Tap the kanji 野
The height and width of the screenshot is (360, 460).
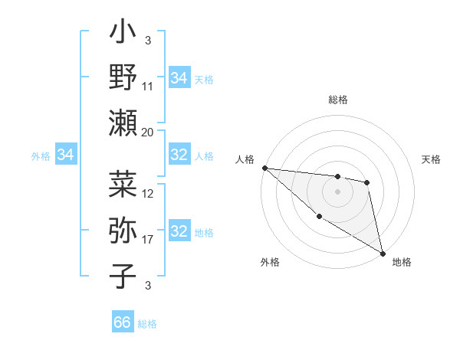123,78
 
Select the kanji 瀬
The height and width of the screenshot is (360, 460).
123,122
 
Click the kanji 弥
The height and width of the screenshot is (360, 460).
123,231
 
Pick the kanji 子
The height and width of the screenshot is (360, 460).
123,276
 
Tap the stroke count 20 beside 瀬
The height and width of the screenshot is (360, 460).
148,132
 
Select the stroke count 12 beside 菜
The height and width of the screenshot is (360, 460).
148,194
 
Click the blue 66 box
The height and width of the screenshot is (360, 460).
123,322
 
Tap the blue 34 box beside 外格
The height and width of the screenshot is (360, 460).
66,155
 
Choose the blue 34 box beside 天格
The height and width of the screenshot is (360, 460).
179,78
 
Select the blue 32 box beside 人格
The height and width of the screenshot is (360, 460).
179,155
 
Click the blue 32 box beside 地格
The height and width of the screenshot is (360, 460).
179,232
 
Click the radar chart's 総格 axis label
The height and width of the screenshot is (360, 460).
338,100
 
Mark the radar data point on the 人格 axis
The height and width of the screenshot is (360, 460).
264,168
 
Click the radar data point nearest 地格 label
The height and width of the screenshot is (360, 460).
383,252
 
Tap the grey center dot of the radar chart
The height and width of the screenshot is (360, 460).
337,191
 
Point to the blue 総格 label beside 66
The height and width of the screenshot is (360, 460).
147,324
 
